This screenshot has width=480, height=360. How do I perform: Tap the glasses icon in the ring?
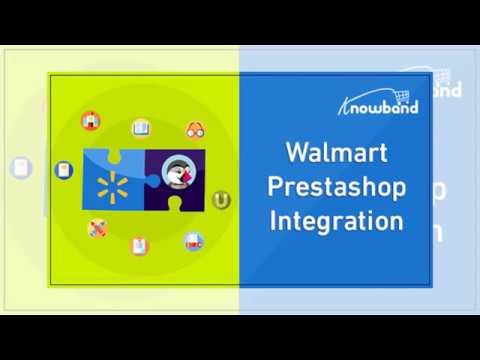196,130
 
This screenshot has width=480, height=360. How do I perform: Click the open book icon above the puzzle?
141,127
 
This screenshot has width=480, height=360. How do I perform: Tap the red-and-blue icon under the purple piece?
194,239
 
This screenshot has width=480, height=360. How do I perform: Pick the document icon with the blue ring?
64,170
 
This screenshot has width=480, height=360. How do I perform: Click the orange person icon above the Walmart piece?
91,121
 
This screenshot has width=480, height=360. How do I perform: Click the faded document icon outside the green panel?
20,168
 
